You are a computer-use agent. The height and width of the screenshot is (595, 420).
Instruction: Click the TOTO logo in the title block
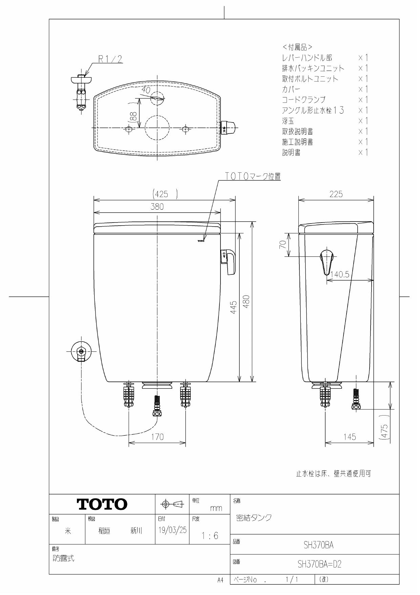point(102,504)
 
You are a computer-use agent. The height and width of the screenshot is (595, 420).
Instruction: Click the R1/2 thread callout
point(110,59)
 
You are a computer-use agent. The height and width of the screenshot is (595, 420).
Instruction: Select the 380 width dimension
point(157,207)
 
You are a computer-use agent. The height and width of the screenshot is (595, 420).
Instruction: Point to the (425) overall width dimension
point(165,194)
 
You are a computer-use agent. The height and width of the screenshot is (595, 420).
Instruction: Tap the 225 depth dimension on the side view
point(336,194)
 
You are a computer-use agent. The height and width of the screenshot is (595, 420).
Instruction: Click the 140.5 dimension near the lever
point(340,274)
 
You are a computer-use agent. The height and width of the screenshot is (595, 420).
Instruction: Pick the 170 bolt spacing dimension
point(157,437)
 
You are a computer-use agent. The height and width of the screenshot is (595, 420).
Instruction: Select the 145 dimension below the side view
point(350,437)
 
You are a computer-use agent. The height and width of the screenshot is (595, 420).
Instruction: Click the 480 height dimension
point(247,302)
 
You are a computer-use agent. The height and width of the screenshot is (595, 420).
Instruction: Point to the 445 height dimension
point(234,307)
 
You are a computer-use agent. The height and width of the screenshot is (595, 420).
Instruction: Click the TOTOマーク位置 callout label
point(253,176)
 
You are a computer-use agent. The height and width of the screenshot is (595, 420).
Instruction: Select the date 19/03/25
point(172,530)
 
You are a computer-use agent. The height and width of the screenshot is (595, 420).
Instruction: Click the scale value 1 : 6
point(210,536)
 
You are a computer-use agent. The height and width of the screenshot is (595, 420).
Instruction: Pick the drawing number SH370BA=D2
point(319,564)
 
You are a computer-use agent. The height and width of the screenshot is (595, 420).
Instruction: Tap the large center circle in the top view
point(157,128)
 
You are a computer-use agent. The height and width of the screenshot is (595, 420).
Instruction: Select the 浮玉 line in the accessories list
point(288,121)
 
